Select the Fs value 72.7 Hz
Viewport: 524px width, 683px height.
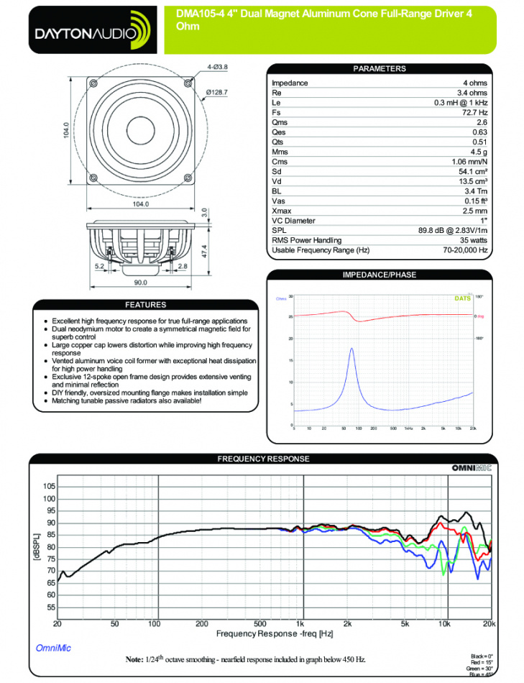tap(475, 113)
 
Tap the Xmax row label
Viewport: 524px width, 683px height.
tap(281, 211)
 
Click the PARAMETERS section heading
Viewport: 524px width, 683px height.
tap(380, 69)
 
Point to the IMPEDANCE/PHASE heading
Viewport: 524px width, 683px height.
tap(380, 275)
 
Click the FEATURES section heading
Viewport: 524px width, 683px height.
tap(145, 305)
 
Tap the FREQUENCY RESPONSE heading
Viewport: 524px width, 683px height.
tap(263, 459)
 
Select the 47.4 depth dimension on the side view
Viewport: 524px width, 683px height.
tap(205, 252)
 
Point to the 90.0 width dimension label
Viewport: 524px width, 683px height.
tap(140, 282)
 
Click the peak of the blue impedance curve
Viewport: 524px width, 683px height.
tap(351, 349)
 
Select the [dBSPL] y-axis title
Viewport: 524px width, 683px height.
tap(36, 546)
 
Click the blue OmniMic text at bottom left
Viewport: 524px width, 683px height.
tap(53, 648)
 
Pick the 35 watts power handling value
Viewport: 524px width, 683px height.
tap(474, 240)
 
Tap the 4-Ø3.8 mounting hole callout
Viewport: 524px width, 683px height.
tap(217, 67)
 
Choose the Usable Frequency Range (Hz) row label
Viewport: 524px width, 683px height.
tap(321, 250)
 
